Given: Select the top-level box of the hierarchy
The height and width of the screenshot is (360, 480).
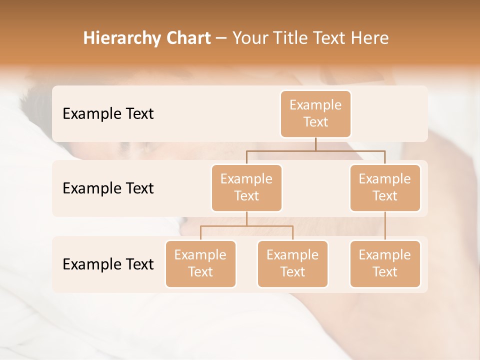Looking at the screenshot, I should pyautogui.click(x=315, y=114).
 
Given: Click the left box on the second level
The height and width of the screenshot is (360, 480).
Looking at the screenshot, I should pyautogui.click(x=246, y=188).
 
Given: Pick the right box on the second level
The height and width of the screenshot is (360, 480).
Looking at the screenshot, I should pyautogui.click(x=385, y=188).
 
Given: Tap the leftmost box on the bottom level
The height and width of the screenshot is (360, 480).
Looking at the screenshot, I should pyautogui.click(x=200, y=264).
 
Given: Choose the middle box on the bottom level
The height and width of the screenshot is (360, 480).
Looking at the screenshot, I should pyautogui.click(x=292, y=264).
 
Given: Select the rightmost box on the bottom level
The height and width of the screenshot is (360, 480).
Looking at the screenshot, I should pyautogui.click(x=385, y=264).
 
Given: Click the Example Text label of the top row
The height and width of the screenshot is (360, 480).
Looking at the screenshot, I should pyautogui.click(x=108, y=114).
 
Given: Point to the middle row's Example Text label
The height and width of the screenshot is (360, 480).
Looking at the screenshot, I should pyautogui.click(x=108, y=188).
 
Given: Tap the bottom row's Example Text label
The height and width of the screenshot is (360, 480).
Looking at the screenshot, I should pyautogui.click(x=108, y=264).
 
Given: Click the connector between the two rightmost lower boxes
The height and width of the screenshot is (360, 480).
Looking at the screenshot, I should pyautogui.click(x=385, y=226).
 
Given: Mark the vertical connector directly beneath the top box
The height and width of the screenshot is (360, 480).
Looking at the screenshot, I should pyautogui.click(x=315, y=144).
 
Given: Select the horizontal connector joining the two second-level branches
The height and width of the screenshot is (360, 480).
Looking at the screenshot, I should pyautogui.click(x=315, y=150).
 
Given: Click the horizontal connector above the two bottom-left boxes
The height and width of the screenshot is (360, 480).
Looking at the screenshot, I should pyautogui.click(x=246, y=226).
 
